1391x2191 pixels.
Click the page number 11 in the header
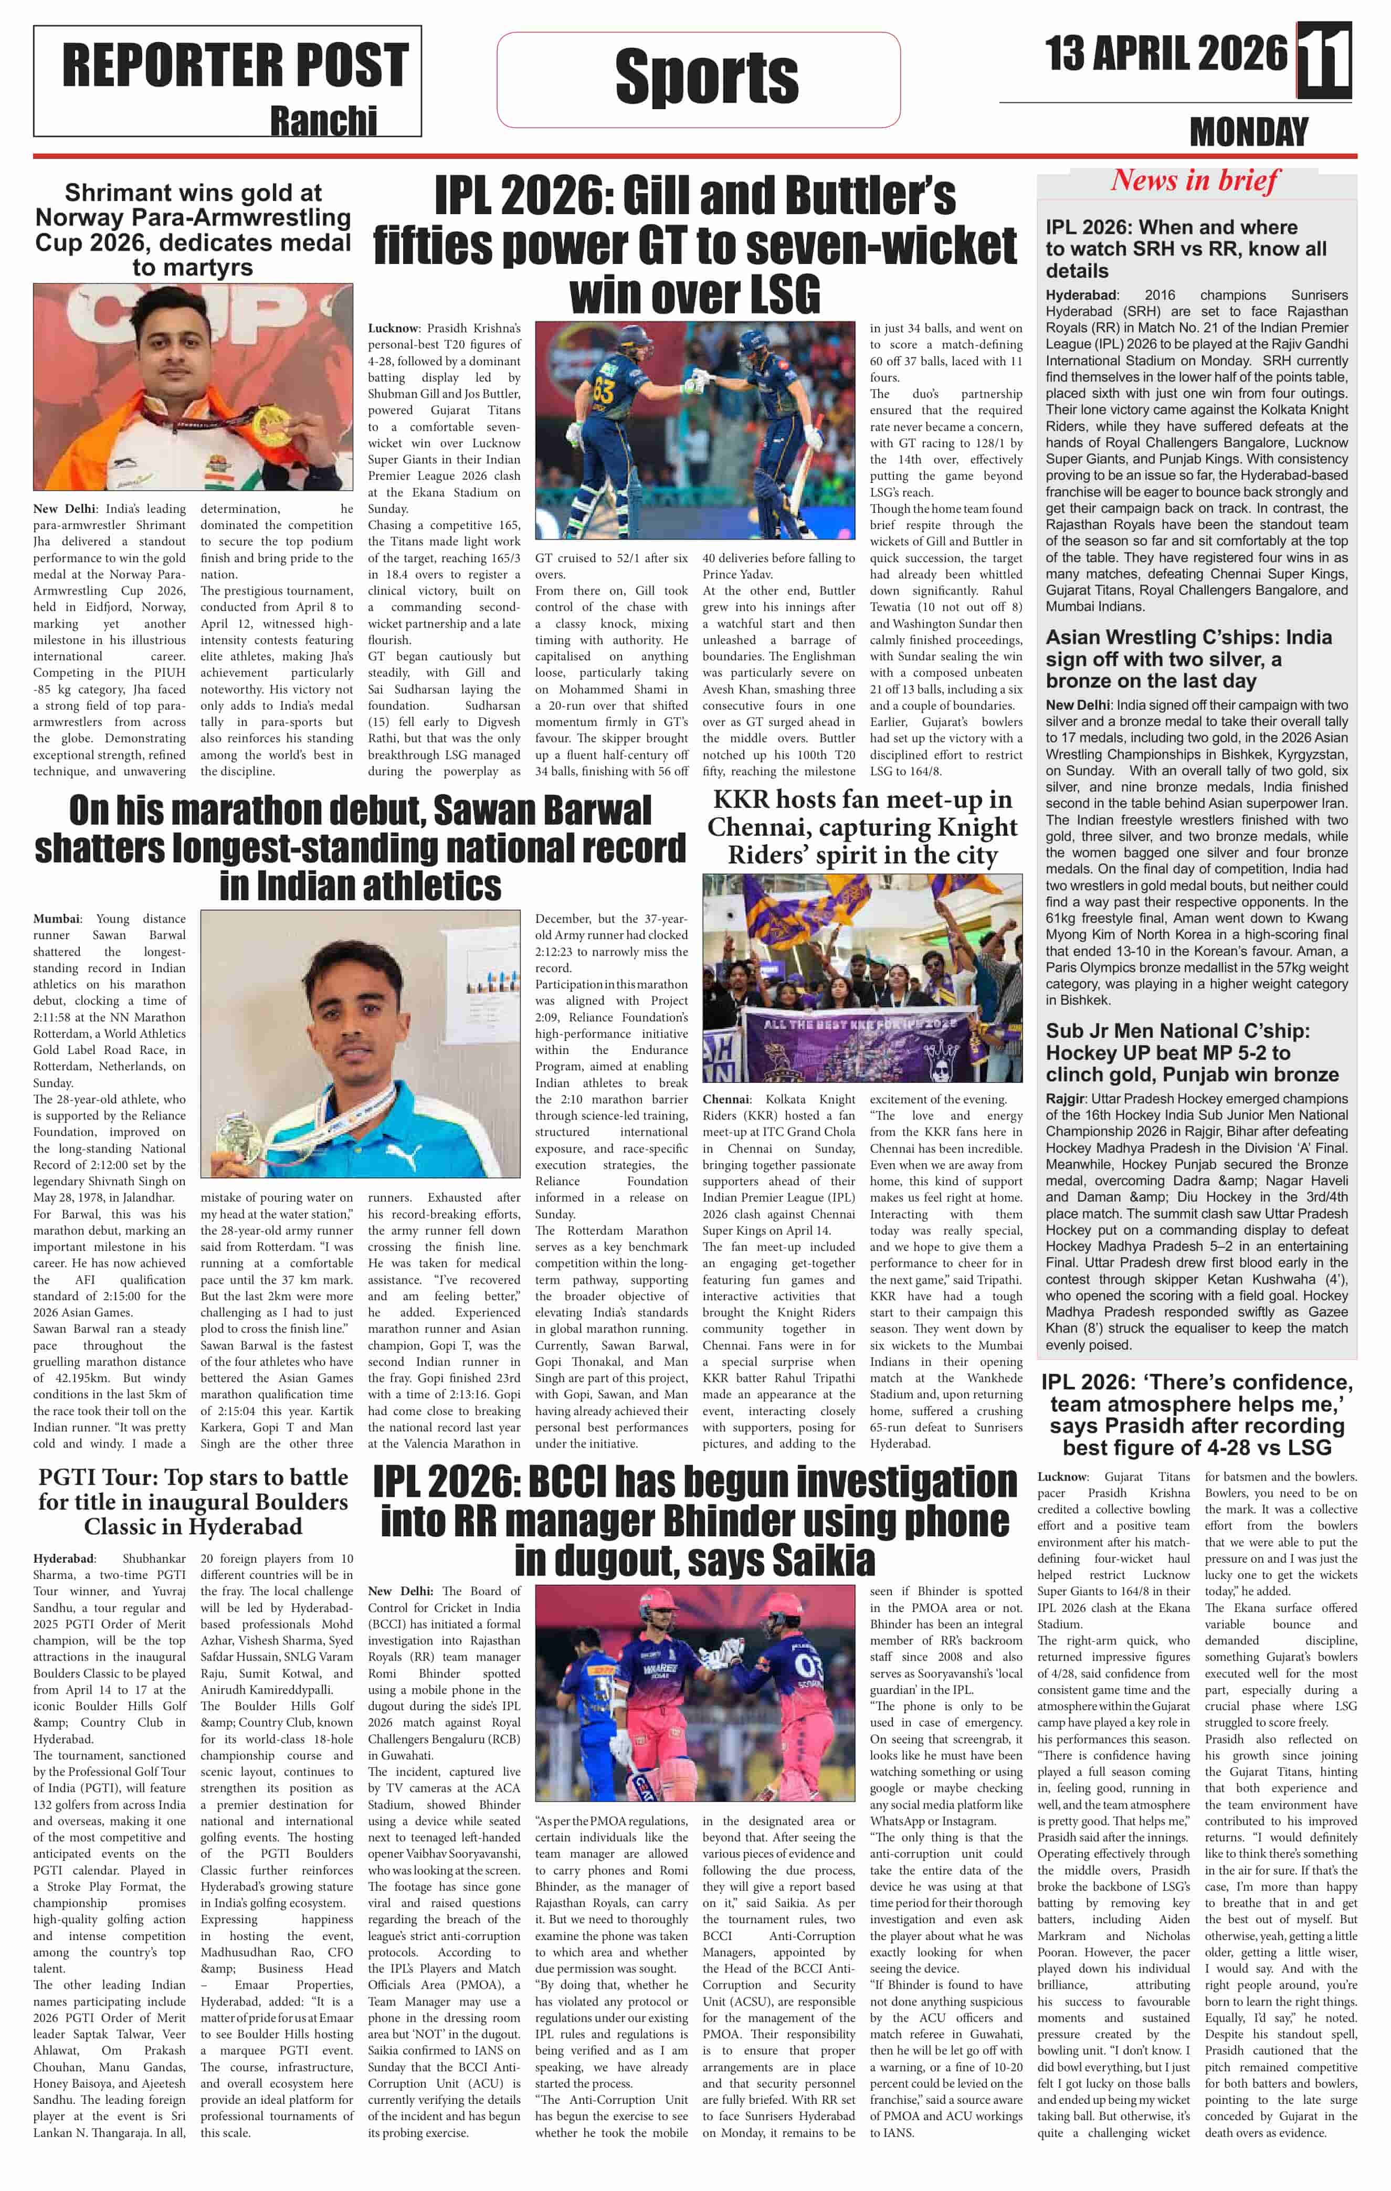(x=1324, y=60)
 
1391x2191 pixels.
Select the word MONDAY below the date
(x=1248, y=133)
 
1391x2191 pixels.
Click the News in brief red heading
(x=1195, y=180)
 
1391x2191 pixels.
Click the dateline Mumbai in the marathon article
(x=56, y=919)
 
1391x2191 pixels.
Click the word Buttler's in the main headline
(x=872, y=196)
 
